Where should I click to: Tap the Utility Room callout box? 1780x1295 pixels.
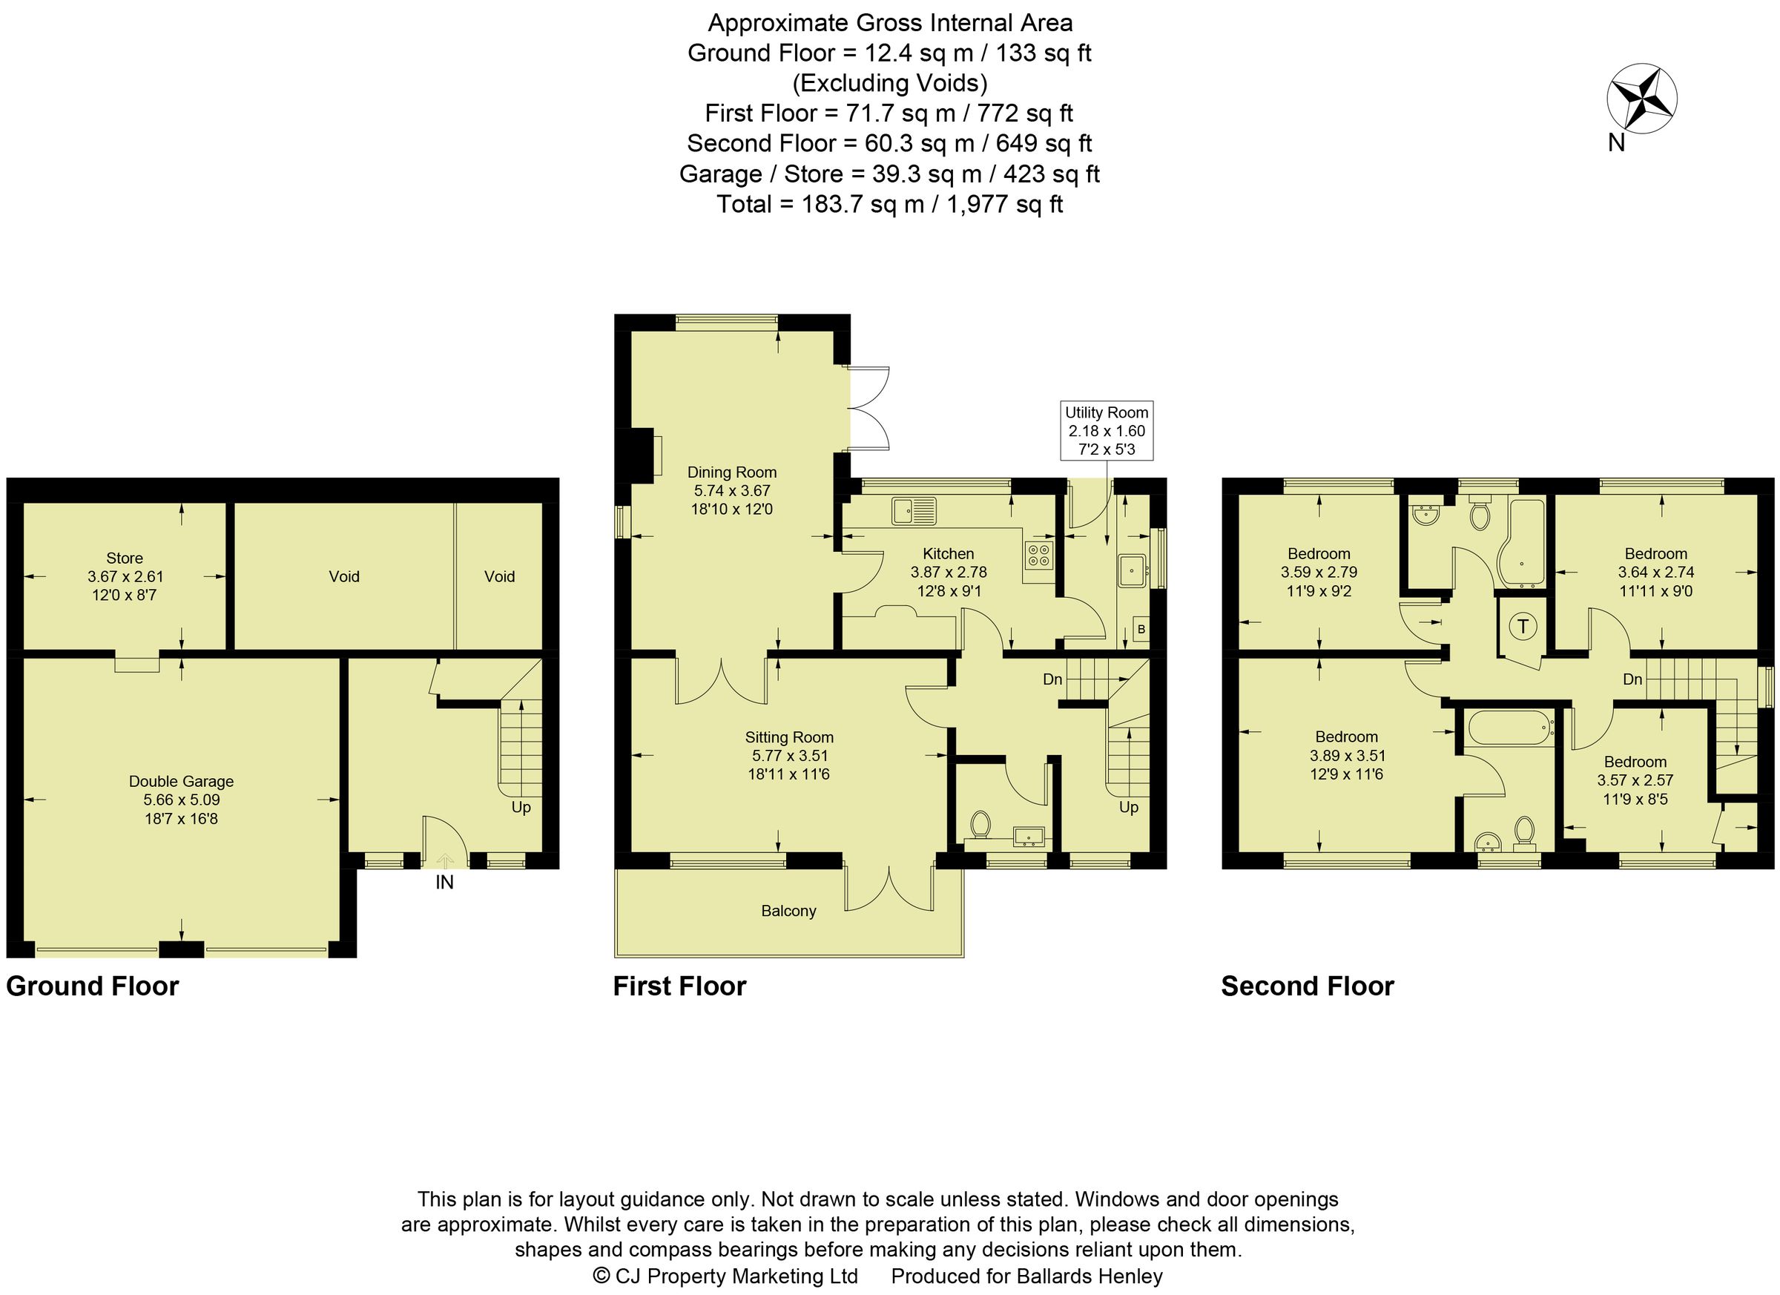click(x=1106, y=431)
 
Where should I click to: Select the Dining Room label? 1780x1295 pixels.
click(x=731, y=472)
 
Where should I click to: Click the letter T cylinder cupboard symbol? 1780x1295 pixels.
click(x=1523, y=626)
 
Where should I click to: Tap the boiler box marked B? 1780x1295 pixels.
click(x=1141, y=630)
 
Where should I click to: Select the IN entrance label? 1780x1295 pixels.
click(x=444, y=883)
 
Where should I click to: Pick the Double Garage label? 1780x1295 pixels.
click(x=181, y=782)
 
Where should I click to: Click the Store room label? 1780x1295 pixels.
click(x=124, y=558)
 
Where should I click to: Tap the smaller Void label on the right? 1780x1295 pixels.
click(x=499, y=577)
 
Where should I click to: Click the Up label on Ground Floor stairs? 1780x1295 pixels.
click(x=521, y=808)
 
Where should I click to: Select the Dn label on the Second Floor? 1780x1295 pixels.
click(x=1632, y=679)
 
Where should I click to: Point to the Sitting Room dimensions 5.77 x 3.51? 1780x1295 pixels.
click(x=788, y=756)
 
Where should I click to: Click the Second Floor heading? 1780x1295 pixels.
click(x=1307, y=986)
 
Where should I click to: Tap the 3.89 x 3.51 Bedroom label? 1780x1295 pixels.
click(x=1347, y=756)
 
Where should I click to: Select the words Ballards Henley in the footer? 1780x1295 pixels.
click(x=1090, y=1277)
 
